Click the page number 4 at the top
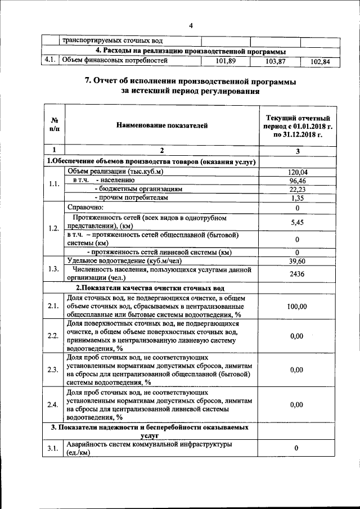pos(191,26)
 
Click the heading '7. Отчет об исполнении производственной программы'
pos(190,82)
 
